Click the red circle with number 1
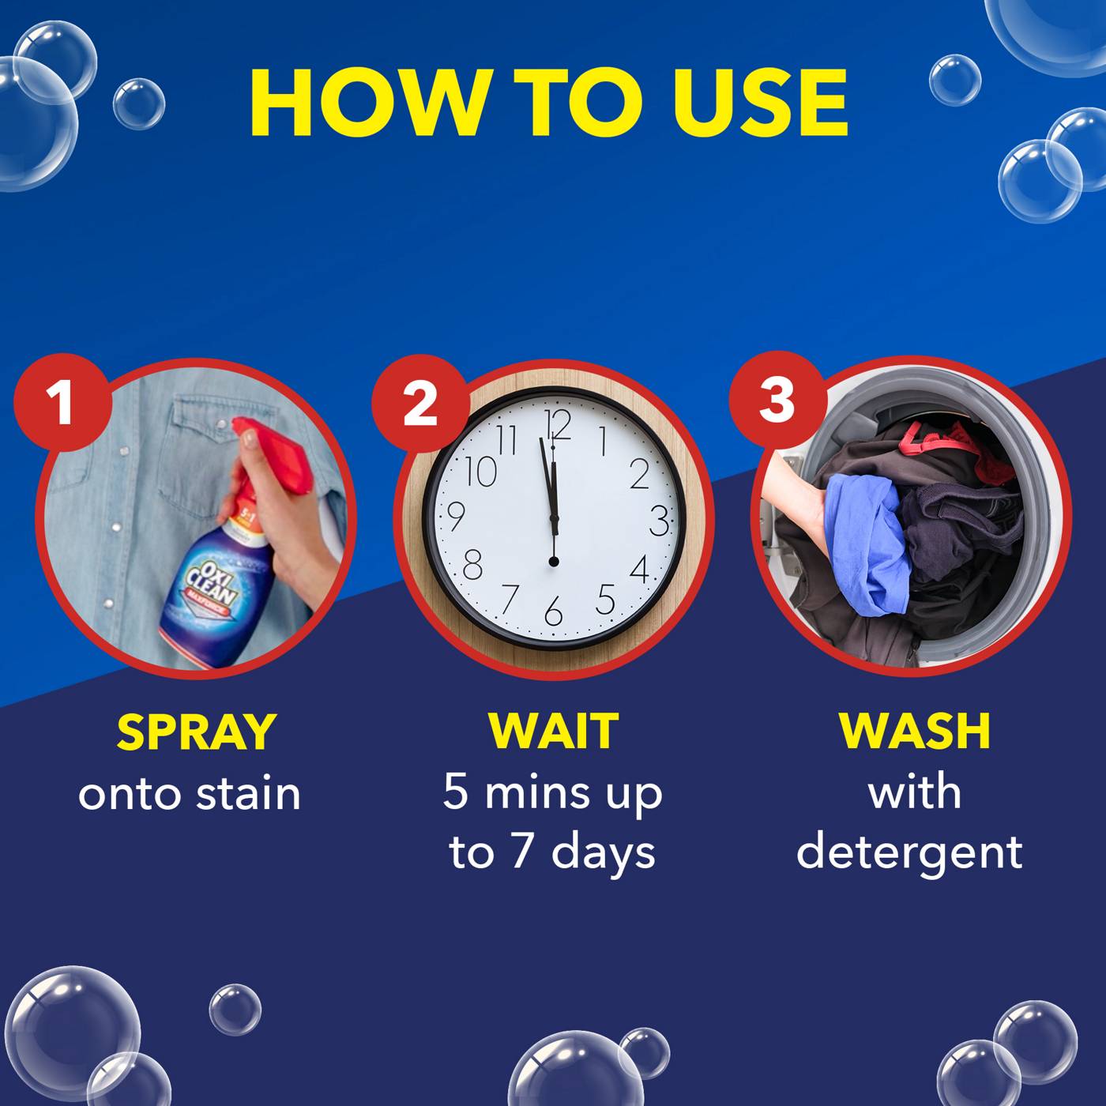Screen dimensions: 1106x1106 coord(61,402)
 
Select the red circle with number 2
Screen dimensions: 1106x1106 coord(419,404)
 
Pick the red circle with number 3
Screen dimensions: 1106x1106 coord(777,400)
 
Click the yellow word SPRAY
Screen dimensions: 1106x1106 coord(195,732)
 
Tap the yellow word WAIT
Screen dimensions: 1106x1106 coord(552,732)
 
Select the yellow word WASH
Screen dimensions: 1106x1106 coord(914,732)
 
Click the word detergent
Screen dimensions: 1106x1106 coord(909,852)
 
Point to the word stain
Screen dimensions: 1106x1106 coord(248,794)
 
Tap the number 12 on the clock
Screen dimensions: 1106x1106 coord(558,425)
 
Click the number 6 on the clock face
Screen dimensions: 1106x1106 coord(553,611)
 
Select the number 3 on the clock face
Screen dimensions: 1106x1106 coord(658,521)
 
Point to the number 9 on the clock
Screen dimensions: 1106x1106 coord(455,517)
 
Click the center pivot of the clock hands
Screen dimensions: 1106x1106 coord(553,561)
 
